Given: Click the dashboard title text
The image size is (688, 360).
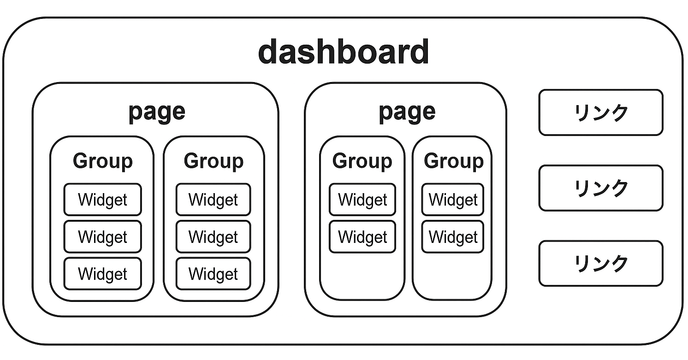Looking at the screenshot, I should tap(344, 52).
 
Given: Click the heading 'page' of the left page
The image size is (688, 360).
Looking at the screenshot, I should tap(156, 112).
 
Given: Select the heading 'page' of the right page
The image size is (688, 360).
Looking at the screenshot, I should tap(407, 112).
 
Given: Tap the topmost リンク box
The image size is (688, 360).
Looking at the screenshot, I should tap(600, 112).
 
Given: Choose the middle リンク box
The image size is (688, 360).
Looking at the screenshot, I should tap(600, 188).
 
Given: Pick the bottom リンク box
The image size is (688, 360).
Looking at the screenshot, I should tap(600, 263).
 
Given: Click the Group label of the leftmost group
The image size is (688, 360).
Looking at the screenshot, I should tap(102, 161).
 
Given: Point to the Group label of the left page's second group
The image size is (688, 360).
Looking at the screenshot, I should tap(214, 161).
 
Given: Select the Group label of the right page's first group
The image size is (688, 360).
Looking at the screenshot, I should tap(362, 161).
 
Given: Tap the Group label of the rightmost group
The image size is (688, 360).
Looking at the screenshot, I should tap(453, 161).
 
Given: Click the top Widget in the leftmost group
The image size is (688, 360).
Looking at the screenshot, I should tap(102, 200).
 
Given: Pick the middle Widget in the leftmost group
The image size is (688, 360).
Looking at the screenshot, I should tap(102, 237).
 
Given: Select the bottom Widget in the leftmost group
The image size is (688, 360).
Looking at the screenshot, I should tap(102, 274).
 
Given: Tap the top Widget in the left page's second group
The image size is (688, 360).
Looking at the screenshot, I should tap(213, 200).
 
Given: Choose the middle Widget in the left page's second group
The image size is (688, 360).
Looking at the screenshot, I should tap(213, 237).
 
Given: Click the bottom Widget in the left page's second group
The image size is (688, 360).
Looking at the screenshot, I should tap(213, 274).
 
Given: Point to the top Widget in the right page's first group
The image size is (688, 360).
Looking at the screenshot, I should tap(362, 200).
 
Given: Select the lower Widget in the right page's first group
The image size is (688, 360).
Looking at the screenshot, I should tap(362, 237).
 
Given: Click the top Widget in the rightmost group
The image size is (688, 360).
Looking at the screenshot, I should tap(453, 200).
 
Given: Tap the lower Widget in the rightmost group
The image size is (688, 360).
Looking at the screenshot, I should tap(453, 237).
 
